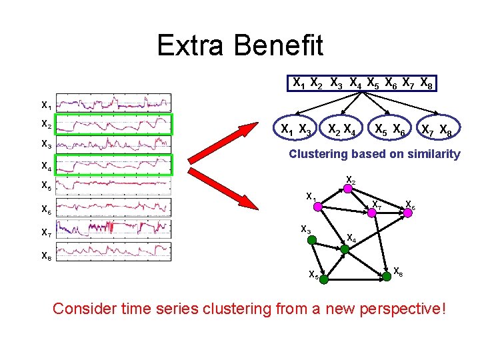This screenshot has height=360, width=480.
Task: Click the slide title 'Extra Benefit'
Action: [239, 45]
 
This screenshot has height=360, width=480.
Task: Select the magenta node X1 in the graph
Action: [318, 207]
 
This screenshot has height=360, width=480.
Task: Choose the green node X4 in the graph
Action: [345, 249]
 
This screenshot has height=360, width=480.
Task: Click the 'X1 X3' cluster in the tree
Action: [296, 130]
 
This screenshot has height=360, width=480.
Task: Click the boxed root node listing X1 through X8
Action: [363, 83]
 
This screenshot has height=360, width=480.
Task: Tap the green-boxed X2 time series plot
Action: [113, 124]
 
